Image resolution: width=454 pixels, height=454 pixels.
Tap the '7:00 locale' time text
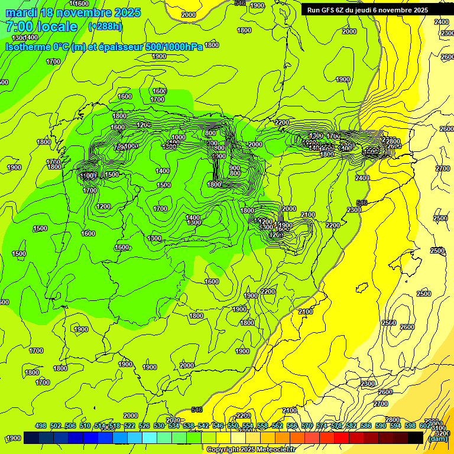[x=41, y=27]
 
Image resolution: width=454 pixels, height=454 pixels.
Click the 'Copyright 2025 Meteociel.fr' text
[x=251, y=449]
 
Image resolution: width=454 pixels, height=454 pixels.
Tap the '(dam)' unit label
[x=437, y=438]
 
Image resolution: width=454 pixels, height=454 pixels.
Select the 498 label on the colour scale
[x=41, y=426]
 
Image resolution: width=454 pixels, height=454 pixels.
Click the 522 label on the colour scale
[x=129, y=426]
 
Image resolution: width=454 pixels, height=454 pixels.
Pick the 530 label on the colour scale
[x=159, y=426]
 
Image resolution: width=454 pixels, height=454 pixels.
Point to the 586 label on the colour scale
[x=366, y=426]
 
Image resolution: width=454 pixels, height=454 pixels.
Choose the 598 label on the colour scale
[x=410, y=426]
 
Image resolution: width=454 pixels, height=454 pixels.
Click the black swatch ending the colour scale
[x=416, y=437]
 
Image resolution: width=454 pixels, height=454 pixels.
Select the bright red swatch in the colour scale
[x=342, y=437]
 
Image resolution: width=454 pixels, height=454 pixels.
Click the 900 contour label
[x=235, y=168]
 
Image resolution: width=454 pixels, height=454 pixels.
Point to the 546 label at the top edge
[x=239, y=4]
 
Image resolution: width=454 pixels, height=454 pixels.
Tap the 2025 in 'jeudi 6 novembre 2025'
[x=421, y=9]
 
